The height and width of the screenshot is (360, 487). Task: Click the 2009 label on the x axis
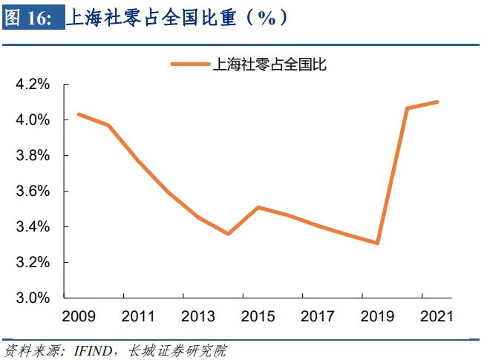[x=79, y=315]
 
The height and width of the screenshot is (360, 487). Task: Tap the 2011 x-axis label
[x=138, y=315]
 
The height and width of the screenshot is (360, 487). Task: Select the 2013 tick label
[x=197, y=315]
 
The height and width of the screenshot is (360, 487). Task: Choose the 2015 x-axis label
[x=257, y=315]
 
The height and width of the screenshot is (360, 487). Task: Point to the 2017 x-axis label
[x=316, y=315]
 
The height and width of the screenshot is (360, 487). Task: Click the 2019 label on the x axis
[x=376, y=315]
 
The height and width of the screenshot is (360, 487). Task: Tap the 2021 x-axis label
[x=435, y=315]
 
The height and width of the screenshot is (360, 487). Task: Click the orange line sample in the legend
[x=189, y=65]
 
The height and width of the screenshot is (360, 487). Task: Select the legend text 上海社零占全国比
[x=269, y=65]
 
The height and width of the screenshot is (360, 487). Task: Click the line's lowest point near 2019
[x=379, y=243]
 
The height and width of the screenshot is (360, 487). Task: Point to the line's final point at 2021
[x=437, y=102]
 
